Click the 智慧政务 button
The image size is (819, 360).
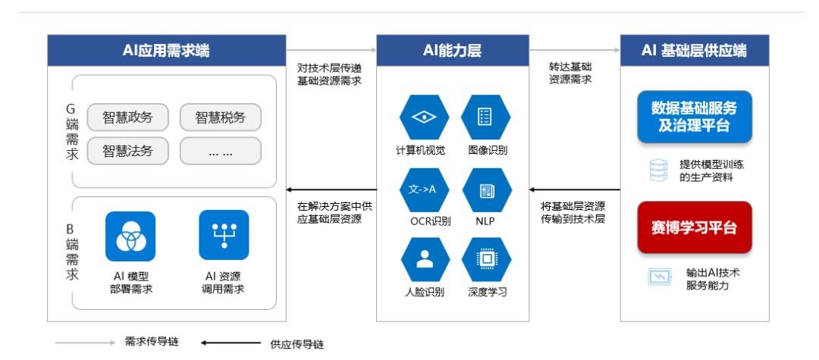point(127,117)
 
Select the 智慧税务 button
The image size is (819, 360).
point(220,117)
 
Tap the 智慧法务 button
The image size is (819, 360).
point(127,151)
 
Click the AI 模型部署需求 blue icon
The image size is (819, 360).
point(130,236)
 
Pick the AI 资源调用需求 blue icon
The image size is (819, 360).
point(224,236)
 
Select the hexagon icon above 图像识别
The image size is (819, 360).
point(485,117)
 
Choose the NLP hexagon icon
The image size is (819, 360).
point(485,189)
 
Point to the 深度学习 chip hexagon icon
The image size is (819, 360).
point(485,259)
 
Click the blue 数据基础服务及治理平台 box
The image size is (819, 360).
point(694,117)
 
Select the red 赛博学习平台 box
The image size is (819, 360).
point(694,227)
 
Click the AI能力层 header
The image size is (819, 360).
point(452,51)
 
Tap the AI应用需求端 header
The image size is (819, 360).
point(166,51)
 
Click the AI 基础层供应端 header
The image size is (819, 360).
point(694,51)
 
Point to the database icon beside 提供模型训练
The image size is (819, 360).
point(657,171)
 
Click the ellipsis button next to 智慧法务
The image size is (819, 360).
point(220,151)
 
